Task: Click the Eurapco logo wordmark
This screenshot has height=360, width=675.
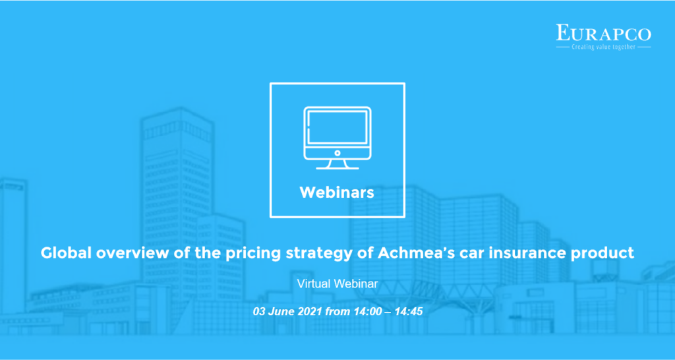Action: (x=604, y=33)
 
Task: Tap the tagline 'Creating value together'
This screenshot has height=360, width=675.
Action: (x=604, y=47)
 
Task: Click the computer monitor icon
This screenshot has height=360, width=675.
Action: (x=337, y=138)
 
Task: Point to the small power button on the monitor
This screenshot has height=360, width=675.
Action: (x=337, y=153)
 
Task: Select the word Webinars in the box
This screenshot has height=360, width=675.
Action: (x=337, y=193)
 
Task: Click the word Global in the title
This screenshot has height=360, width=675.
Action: (x=66, y=253)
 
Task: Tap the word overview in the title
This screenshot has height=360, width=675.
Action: (x=129, y=253)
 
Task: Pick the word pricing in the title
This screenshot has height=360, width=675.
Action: (x=250, y=254)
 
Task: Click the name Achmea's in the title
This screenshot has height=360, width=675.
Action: (x=410, y=253)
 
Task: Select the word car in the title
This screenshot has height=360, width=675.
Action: (x=459, y=254)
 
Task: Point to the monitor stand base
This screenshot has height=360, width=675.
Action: (x=337, y=168)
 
